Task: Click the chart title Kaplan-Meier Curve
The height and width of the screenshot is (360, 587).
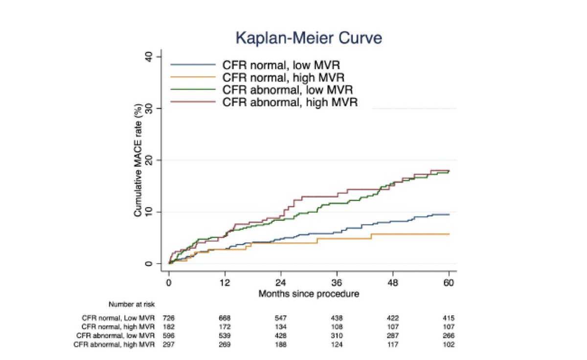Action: [302, 38]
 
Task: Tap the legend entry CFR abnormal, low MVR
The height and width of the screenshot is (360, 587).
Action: [288, 90]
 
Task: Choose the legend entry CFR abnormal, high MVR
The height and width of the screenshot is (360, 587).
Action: [290, 103]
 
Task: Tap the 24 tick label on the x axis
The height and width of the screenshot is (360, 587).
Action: [281, 283]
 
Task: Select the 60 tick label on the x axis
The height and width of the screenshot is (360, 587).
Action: [449, 283]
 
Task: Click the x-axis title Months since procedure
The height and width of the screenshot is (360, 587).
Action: [309, 293]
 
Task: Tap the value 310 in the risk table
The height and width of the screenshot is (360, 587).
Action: [337, 336]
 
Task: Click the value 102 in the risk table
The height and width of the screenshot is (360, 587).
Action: [449, 345]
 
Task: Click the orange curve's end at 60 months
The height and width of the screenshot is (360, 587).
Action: [449, 234]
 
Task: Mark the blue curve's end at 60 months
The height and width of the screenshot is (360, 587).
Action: [449, 215]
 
